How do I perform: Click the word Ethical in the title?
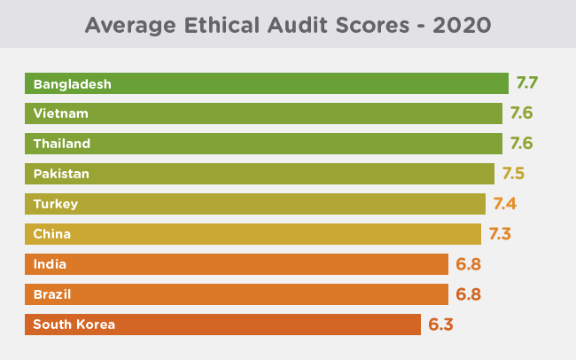tap(222, 26)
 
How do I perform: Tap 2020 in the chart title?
tap(462, 26)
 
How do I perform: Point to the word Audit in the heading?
tap(297, 26)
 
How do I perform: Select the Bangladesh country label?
tap(73, 84)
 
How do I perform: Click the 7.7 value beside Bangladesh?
tap(526, 83)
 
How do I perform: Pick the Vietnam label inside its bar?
tap(61, 113)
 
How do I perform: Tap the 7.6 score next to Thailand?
tap(521, 144)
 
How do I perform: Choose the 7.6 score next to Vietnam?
tap(521, 113)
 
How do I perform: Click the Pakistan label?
tap(61, 174)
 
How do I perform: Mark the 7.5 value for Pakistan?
tap(513, 174)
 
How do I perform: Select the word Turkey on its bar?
tap(56, 204)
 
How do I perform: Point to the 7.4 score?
tap(505, 204)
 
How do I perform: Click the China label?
tap(51, 234)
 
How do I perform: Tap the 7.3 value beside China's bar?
tap(500, 234)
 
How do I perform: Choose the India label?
tap(50, 264)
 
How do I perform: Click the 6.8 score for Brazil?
tap(469, 294)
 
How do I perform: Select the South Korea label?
tap(74, 325)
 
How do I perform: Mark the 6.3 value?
tap(440, 325)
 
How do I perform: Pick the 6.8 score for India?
tap(469, 264)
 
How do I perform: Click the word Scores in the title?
tap(372, 26)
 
